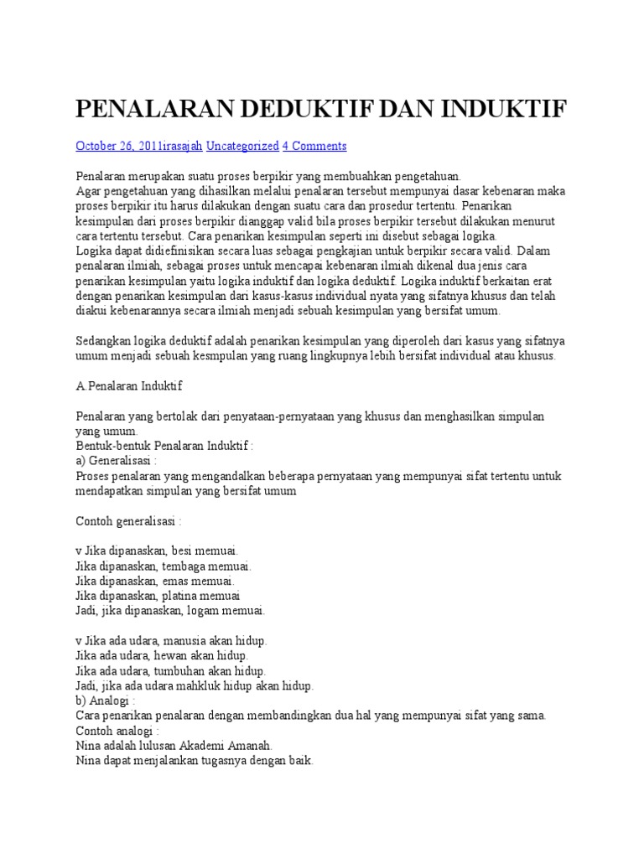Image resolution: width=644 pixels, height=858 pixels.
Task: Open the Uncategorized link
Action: pos(242,146)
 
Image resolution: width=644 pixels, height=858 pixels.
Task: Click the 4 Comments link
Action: pos(314,146)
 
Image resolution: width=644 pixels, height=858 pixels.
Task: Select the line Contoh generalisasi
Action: pos(129,521)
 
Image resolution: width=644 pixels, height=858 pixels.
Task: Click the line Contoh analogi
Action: pos(117,731)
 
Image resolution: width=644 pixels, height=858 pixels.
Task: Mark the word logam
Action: pos(206,610)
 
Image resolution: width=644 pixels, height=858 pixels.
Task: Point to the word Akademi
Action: pos(206,746)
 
